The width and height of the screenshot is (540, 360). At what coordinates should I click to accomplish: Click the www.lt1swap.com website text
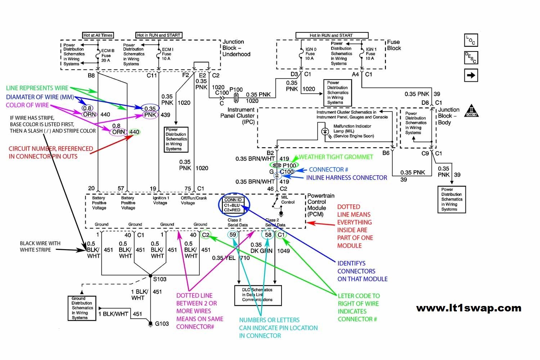pos(469,308)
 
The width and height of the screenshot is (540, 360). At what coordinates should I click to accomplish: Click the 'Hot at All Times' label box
pos(98,35)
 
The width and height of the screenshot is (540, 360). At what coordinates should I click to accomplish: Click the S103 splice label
pos(160,279)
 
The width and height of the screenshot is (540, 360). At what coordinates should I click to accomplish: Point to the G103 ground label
pos(162,324)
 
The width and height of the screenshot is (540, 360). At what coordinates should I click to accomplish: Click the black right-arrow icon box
pos(471,76)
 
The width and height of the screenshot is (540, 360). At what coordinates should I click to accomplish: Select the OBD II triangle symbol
pos(471,111)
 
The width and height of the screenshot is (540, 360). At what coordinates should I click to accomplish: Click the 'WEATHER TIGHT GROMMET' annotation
pos(336,157)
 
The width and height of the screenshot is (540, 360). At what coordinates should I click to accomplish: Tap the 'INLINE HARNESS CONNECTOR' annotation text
pos(346,178)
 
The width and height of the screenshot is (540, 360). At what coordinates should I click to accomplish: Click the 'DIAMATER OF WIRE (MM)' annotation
pos(40,97)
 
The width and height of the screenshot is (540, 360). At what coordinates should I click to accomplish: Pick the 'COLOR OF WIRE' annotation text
pos(27,105)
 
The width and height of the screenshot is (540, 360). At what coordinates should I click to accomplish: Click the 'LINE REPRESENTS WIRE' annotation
pos(37,88)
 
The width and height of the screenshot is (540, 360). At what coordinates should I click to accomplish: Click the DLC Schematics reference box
pos(258,295)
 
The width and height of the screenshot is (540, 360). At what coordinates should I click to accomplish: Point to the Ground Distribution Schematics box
pos(82,308)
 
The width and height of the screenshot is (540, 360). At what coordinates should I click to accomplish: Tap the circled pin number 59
pos(233,235)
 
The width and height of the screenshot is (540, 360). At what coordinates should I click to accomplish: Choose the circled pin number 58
pos(268,235)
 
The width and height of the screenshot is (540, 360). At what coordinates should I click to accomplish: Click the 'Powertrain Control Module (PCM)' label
pos(320,205)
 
